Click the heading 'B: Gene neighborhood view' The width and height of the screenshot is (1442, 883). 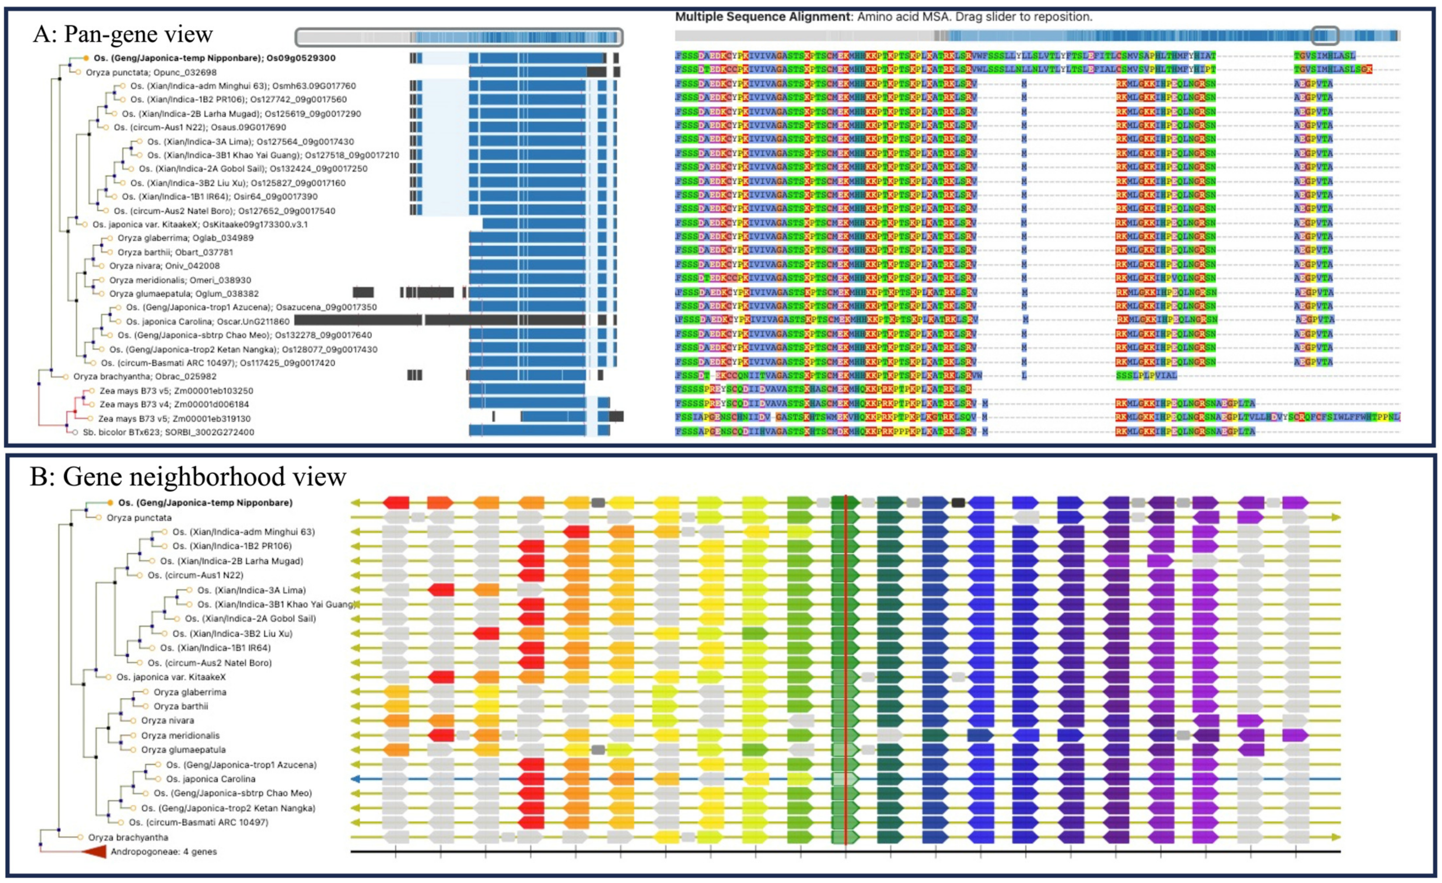pyautogui.click(x=187, y=476)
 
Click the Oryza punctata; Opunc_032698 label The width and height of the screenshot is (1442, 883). pyautogui.click(x=151, y=73)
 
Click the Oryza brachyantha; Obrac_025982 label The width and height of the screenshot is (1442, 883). pyautogui.click(x=144, y=376)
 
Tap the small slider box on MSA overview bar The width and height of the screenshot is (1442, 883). pyautogui.click(x=1324, y=36)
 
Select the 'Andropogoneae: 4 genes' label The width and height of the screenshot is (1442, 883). pyautogui.click(x=164, y=852)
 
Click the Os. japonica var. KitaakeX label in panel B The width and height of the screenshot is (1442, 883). pyautogui.click(x=171, y=677)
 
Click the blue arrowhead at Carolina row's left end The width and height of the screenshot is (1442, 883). pyautogui.click(x=355, y=779)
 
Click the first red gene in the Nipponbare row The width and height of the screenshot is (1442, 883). pyautogui.click(x=396, y=503)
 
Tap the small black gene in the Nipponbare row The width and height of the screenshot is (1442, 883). pyautogui.click(x=958, y=503)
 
